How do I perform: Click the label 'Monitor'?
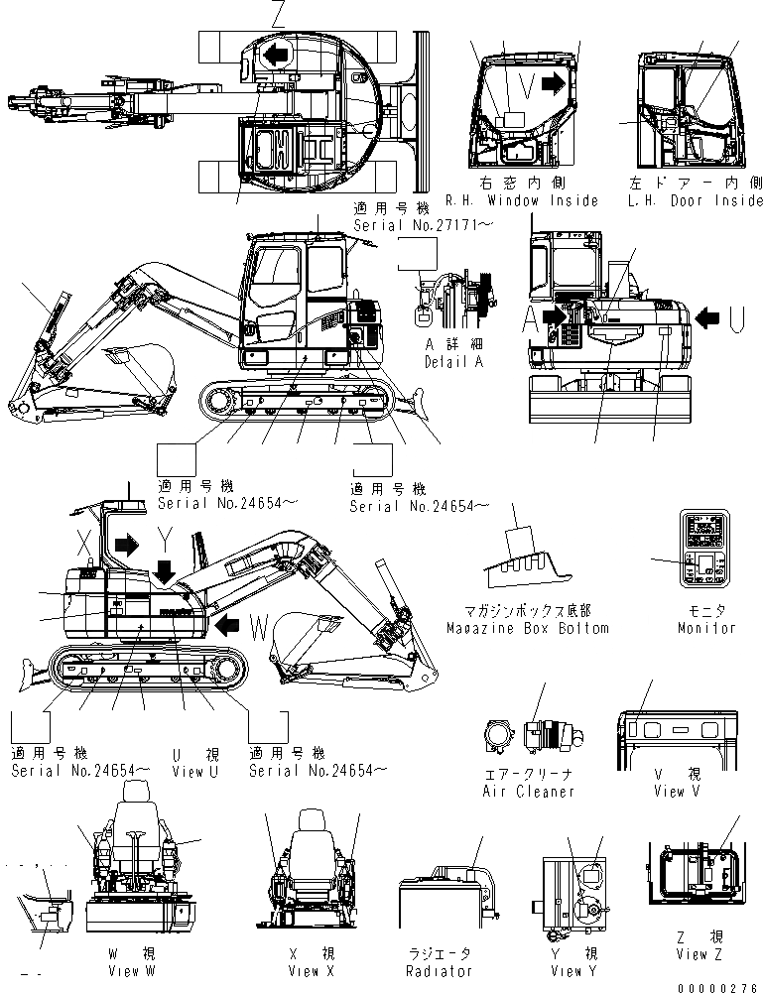707,627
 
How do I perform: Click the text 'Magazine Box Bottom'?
527,628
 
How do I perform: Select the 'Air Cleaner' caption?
528,791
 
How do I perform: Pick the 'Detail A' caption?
454,362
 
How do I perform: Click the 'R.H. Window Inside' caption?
522,200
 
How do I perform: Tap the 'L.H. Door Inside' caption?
696,200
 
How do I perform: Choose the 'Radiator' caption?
440,970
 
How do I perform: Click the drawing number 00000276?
719,987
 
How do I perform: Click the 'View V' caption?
677,791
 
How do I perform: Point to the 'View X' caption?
304,970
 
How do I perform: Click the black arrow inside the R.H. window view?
558,83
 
